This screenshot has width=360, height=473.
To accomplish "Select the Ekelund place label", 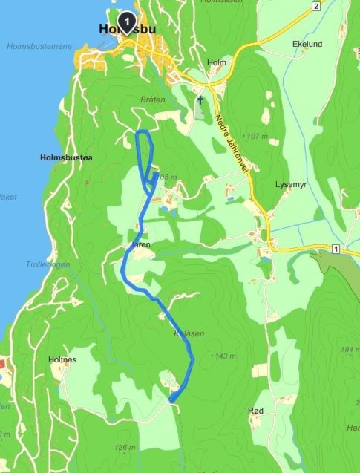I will pyautogui.click(x=308, y=45).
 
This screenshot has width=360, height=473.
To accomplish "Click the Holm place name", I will pyautogui.click(x=216, y=63).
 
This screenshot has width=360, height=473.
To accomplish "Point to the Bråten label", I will pyautogui.click(x=151, y=99).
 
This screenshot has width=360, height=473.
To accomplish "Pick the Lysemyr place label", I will pyautogui.click(x=290, y=183).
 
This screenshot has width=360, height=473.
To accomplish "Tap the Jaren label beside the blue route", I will pyautogui.click(x=140, y=244).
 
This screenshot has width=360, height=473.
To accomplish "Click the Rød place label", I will pyautogui.click(x=256, y=411).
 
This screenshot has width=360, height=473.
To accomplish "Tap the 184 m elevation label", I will pyautogui.click(x=347, y=350).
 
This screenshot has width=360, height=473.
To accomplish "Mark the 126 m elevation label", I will pyautogui.click(x=125, y=447).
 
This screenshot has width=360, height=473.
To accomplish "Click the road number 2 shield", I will pyautogui.click(x=315, y=7).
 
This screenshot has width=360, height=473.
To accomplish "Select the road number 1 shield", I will pyautogui.click(x=336, y=247).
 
